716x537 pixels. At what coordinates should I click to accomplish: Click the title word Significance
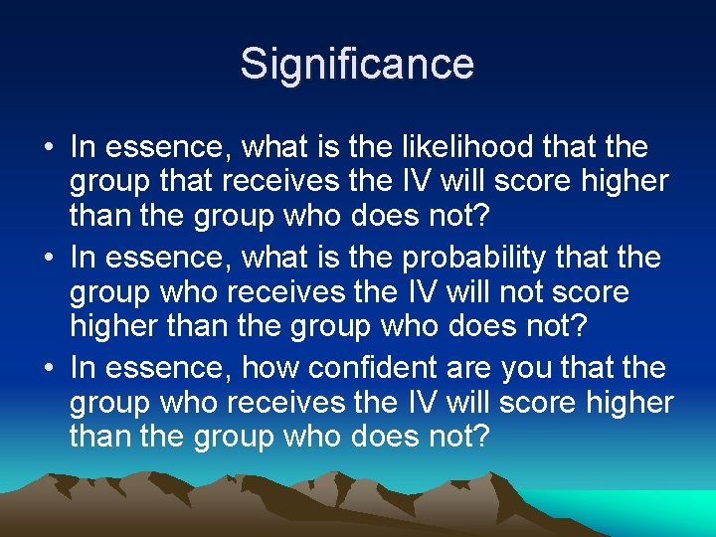coord(357,65)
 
